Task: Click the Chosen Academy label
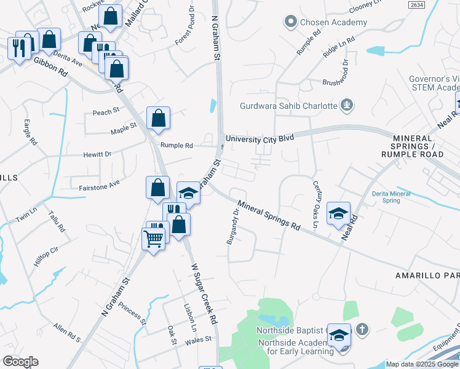pyautogui.click(x=332, y=22)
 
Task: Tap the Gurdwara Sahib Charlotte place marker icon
pyautogui.click(x=347, y=105)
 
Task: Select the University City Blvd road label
pyautogui.click(x=260, y=139)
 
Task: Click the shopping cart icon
pyautogui.click(x=153, y=237)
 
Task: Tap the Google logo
pyautogui.click(x=20, y=362)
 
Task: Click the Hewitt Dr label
pyautogui.click(x=98, y=154)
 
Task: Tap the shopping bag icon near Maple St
pyautogui.click(x=158, y=118)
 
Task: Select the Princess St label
pyautogui.click(x=133, y=312)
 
